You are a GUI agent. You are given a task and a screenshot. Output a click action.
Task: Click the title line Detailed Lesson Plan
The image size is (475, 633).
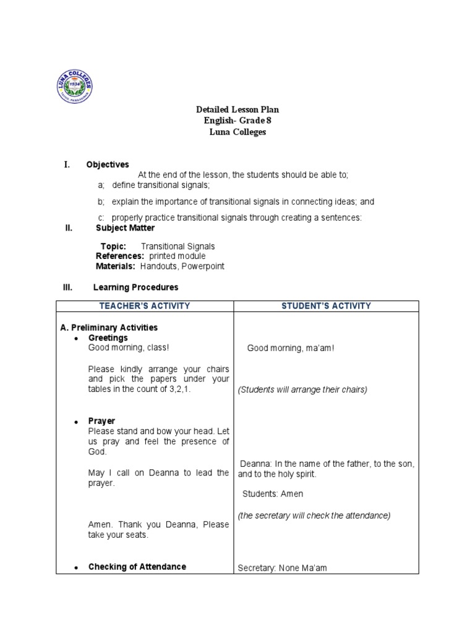click(237, 109)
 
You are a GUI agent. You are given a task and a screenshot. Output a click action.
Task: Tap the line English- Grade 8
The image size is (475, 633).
click(237, 121)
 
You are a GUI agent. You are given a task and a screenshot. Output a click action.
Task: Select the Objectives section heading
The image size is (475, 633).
click(108, 164)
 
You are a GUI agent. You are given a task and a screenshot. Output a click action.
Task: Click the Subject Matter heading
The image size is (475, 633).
click(126, 227)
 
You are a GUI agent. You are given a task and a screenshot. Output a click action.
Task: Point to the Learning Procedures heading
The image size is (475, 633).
click(135, 287)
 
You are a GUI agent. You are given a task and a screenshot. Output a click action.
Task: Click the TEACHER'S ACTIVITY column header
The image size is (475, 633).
click(145, 306)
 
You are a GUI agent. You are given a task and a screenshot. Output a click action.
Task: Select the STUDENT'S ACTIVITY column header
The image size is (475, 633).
click(326, 306)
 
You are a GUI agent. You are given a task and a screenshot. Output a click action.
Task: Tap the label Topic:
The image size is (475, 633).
click(113, 246)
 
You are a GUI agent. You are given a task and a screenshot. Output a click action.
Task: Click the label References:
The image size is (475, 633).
click(120, 256)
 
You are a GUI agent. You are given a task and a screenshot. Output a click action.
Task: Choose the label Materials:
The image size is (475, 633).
click(116, 266)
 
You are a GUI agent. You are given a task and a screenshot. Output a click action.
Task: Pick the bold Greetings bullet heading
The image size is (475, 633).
click(108, 338)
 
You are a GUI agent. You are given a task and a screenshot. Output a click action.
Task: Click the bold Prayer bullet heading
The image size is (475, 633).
click(102, 421)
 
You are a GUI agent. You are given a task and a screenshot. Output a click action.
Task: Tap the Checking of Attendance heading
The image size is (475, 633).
click(137, 567)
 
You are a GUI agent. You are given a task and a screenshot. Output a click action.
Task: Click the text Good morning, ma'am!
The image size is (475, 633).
click(291, 349)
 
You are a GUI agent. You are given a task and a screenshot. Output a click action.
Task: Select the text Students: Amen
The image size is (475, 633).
click(273, 494)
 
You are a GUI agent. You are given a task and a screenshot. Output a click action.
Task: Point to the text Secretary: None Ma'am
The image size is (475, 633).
click(283, 569)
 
